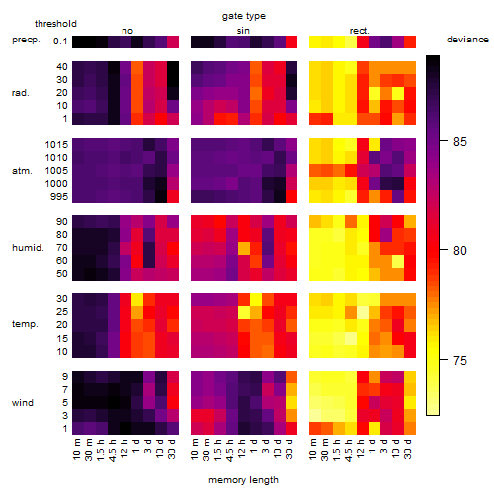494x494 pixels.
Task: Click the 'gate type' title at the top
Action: (244, 16)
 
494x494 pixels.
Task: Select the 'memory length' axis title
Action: (243, 480)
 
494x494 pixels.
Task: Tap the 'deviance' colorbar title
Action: (467, 40)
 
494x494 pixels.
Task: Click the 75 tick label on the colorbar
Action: (460, 360)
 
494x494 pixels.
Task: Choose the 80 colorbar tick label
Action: (460, 251)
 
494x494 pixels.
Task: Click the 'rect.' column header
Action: (359, 31)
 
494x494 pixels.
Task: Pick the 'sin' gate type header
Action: (243, 31)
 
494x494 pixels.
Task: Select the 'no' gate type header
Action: (127, 31)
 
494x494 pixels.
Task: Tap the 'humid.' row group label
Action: (28, 248)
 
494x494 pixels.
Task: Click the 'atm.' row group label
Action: (22, 171)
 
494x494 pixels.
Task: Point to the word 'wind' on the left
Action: (23, 403)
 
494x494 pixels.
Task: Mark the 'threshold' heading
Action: (55, 24)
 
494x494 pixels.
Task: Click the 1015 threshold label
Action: (56, 145)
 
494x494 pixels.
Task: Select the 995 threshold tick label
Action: (59, 197)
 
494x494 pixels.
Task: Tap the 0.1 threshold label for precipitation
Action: (60, 41)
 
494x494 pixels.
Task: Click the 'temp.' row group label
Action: (25, 324)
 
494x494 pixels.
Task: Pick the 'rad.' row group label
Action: (21, 93)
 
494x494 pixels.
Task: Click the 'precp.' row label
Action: (26, 40)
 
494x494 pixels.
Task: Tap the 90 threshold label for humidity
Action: (61, 222)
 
